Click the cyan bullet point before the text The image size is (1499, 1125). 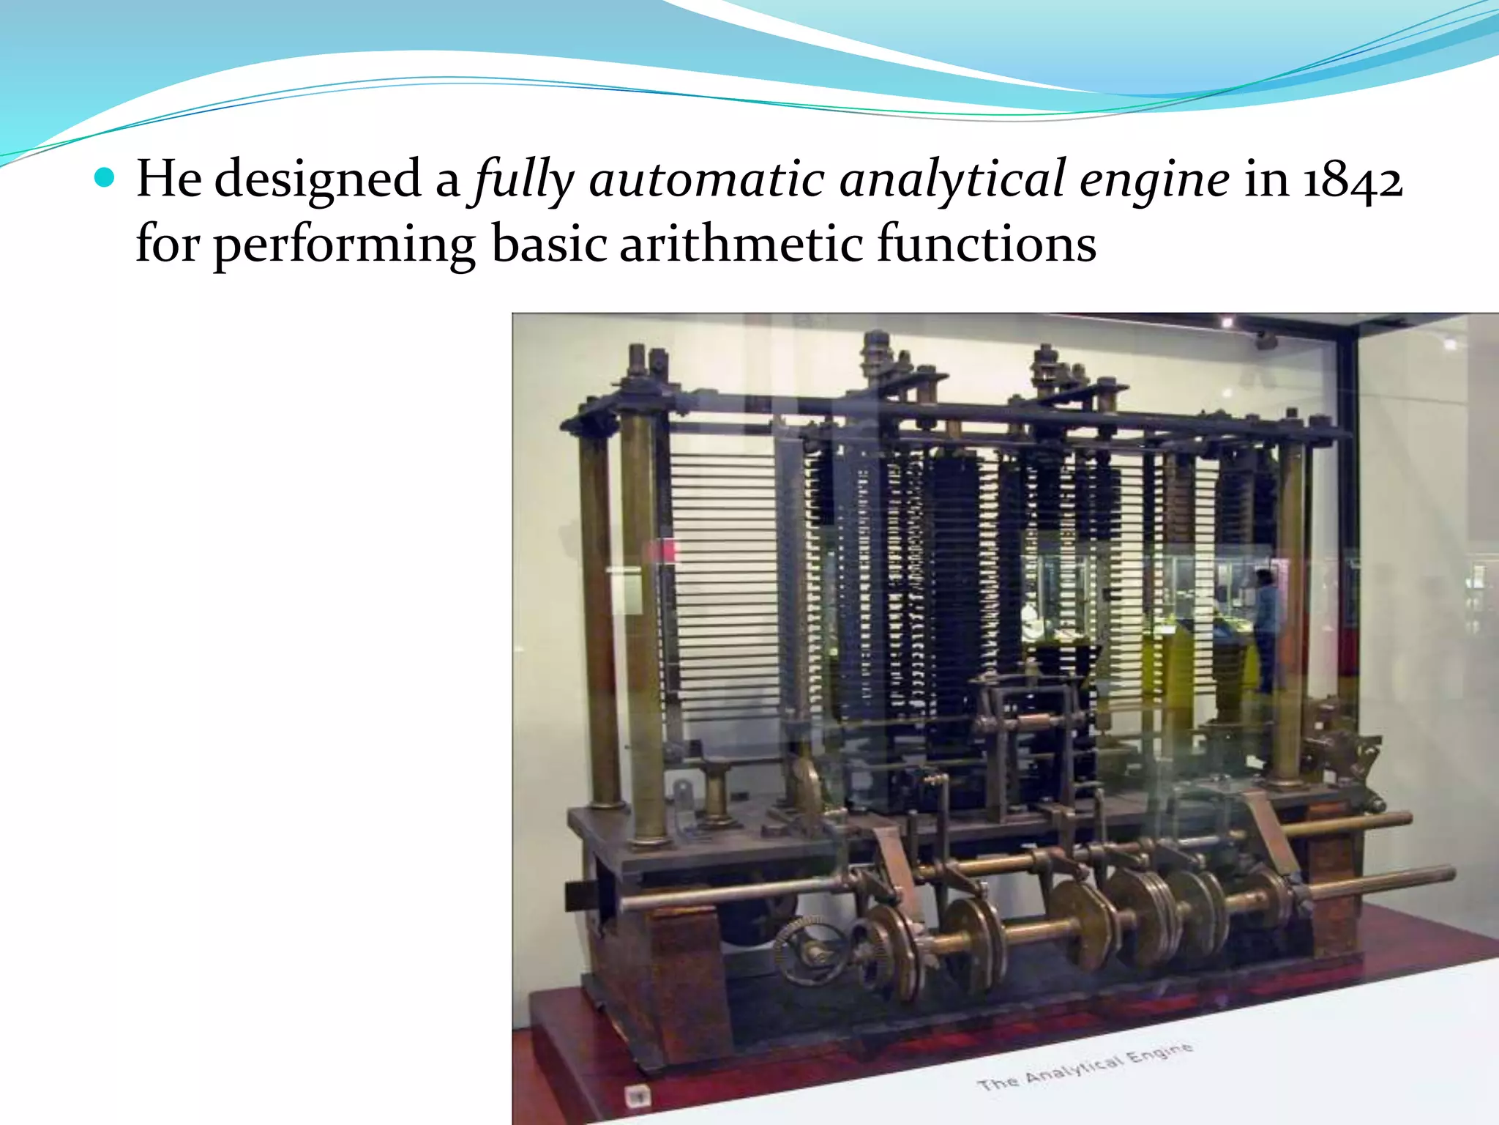[105, 178]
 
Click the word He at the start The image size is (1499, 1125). [169, 178]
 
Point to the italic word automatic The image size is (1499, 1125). [707, 179]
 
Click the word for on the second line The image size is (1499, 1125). [168, 243]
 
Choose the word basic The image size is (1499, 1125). [550, 243]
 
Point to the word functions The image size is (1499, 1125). [987, 243]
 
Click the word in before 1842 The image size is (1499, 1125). [1266, 179]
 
